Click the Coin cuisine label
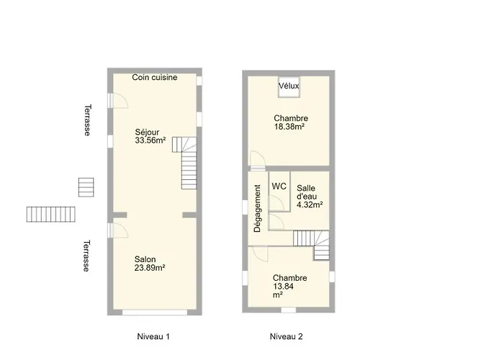pyautogui.click(x=155, y=78)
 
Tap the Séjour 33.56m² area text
pyautogui.click(x=150, y=136)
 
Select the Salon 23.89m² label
pyautogui.click(x=150, y=264)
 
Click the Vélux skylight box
pyautogui.click(x=289, y=86)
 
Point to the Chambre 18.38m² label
pyautogui.click(x=291, y=122)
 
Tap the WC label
pyautogui.click(x=279, y=186)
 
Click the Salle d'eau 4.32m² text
pyautogui.click(x=310, y=197)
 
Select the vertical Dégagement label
pyautogui.click(x=258, y=208)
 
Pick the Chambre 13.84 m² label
pyautogui.click(x=289, y=286)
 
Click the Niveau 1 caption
pyautogui.click(x=153, y=336)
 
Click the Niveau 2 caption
pyautogui.click(x=286, y=336)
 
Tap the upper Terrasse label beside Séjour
pyautogui.click(x=87, y=120)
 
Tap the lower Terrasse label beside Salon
pyautogui.click(x=86, y=256)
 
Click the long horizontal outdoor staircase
pyautogui.click(x=51, y=214)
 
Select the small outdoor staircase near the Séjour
pyautogui.click(x=86, y=187)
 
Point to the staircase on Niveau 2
pyautogui.click(x=312, y=245)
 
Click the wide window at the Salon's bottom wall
pyautogui.click(x=155, y=312)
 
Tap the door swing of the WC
pyautogui.click(x=276, y=202)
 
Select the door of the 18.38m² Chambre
pyautogui.click(x=258, y=159)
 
